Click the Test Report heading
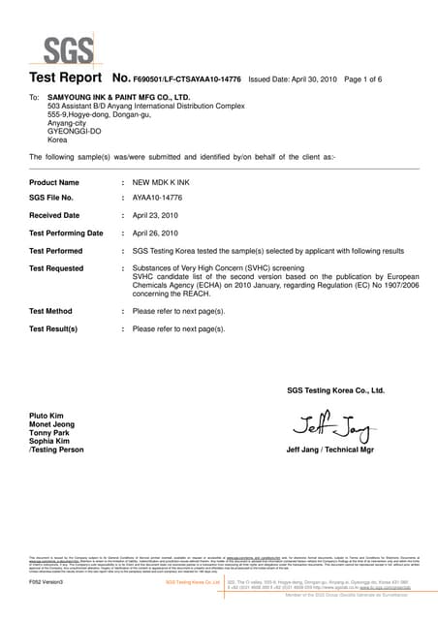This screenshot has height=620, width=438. tap(66, 77)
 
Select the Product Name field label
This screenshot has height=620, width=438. tap(54, 182)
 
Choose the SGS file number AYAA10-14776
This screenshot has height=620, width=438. tap(159, 198)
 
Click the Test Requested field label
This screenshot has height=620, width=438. tap(56, 267)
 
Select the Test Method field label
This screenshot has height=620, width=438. tap(51, 311)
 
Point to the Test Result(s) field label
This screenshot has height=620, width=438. tap(53, 329)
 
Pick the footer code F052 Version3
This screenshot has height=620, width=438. tap(47, 583)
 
